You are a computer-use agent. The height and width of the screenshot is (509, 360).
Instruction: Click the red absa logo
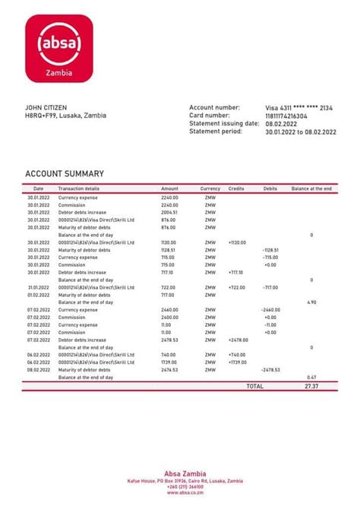click(x=59, y=50)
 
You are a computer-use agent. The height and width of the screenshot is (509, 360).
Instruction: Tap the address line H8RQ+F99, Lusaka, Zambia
click(x=66, y=115)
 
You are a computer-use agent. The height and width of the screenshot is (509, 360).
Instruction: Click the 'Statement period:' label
click(x=216, y=131)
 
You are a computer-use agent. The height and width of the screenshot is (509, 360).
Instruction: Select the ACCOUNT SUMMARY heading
click(x=65, y=174)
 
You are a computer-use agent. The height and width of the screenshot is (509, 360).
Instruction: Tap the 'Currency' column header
click(x=210, y=188)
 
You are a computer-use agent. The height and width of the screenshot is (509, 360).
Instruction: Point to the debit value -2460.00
click(x=271, y=310)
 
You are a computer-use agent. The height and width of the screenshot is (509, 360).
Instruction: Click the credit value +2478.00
click(x=238, y=340)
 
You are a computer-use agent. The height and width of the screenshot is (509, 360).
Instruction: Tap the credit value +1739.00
click(x=238, y=362)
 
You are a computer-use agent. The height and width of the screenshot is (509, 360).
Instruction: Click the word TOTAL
click(x=254, y=387)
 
